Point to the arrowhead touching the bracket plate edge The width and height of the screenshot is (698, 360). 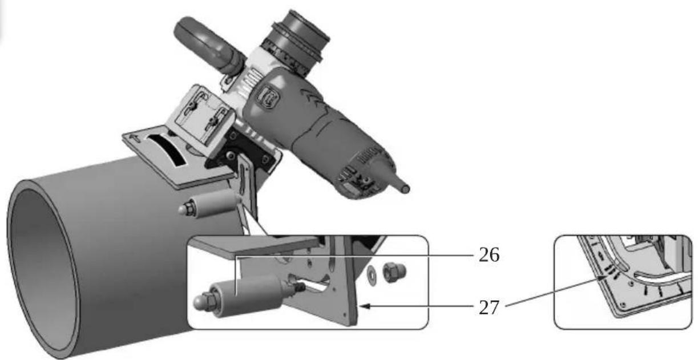coord(362,306)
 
